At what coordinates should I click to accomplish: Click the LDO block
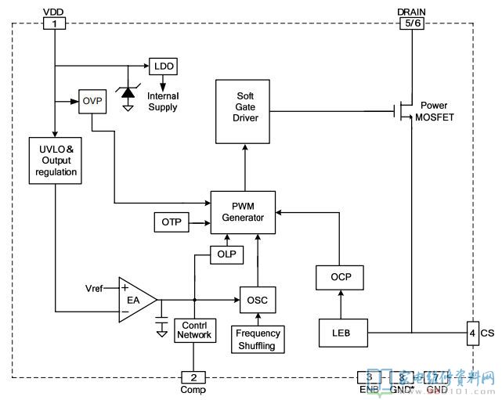pyautogui.click(x=164, y=66)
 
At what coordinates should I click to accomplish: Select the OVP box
pyautogui.click(x=92, y=101)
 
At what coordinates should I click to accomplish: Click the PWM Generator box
pyautogui.click(x=242, y=211)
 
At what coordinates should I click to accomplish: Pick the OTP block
pyautogui.click(x=172, y=222)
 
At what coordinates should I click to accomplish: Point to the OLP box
pyautogui.click(x=226, y=254)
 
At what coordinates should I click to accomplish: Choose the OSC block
pyautogui.click(x=257, y=299)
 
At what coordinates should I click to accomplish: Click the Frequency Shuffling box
pyautogui.click(x=258, y=339)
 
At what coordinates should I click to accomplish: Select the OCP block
pyautogui.click(x=341, y=277)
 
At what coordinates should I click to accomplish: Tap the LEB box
pyautogui.click(x=341, y=333)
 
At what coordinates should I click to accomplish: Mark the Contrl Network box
pyautogui.click(x=193, y=330)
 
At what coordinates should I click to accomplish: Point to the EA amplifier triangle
pyautogui.click(x=135, y=299)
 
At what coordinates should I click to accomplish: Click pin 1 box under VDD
pyautogui.click(x=54, y=24)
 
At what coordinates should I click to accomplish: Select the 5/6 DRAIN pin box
pyautogui.click(x=412, y=24)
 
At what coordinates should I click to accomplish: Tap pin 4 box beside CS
pyautogui.click(x=472, y=333)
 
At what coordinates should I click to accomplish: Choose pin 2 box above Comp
pyautogui.click(x=193, y=377)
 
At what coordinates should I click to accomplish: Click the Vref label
pyautogui.click(x=94, y=289)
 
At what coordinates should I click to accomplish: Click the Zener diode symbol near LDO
pyautogui.click(x=128, y=92)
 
